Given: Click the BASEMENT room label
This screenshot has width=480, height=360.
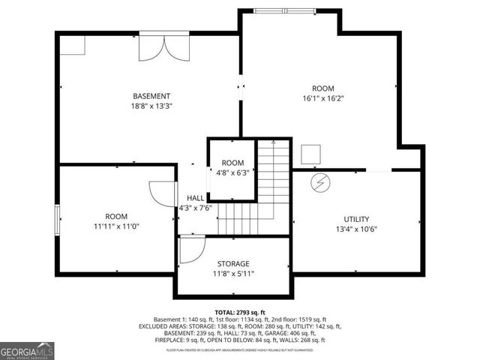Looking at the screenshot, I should tap(151, 96).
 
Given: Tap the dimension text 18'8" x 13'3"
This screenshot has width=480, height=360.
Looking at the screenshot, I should tap(151, 106).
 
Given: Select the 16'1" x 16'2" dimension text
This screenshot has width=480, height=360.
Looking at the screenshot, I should tap(323, 98).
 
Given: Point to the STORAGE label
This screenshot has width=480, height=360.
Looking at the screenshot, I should tap(233, 264).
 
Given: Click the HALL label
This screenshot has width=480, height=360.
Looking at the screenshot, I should tap(195, 198).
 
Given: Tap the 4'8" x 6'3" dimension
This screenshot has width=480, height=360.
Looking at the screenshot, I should tap(232, 173).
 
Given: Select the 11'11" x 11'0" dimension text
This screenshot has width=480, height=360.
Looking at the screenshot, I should tap(116, 225).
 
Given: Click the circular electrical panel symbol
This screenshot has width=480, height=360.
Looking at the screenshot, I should tap(320, 182).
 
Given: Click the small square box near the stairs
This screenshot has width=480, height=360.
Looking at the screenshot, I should tap(310, 155).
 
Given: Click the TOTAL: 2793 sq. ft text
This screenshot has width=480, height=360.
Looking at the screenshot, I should tap(239, 312).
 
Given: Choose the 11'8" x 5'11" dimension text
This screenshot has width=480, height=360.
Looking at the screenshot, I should tap(233, 274).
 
